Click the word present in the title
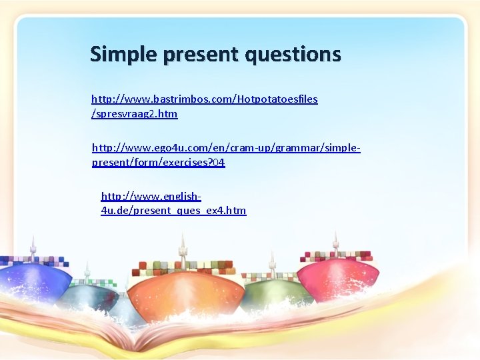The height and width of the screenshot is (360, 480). pos(198,54)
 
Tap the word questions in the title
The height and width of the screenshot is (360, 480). pos(293,54)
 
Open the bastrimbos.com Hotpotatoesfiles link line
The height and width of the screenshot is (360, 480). pos(204,99)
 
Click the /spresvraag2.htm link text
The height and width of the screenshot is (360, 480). pos(134,113)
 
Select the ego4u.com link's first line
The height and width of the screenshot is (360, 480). pos(225,147)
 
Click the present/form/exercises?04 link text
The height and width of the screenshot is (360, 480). pos(158,162)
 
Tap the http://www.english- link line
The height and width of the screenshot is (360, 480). pos(151,196)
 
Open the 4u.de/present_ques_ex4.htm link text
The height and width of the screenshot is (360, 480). pos(173,211)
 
